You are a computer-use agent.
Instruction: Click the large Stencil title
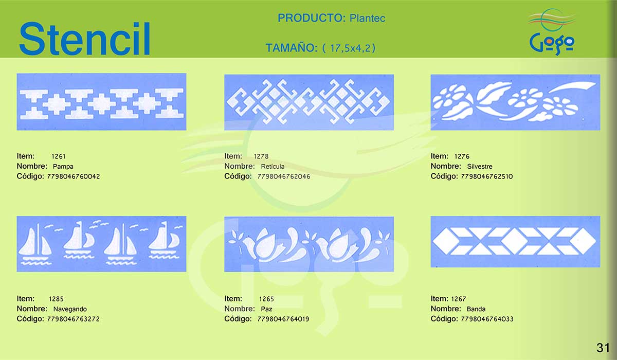click(x=84, y=39)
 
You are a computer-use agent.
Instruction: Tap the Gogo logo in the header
click(x=552, y=32)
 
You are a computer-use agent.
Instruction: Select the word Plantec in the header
click(x=367, y=18)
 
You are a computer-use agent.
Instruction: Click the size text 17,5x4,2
click(x=349, y=48)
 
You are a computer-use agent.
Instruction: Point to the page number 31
click(x=603, y=348)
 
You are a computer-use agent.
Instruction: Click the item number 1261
click(x=59, y=156)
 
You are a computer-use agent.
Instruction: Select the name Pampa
click(x=63, y=166)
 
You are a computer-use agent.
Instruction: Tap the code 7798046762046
click(x=284, y=176)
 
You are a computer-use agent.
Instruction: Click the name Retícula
click(x=273, y=166)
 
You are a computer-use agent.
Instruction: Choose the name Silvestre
click(x=480, y=166)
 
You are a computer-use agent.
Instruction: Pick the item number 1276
click(x=462, y=156)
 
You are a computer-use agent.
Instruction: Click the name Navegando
click(x=70, y=309)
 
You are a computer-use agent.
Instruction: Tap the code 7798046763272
click(x=73, y=319)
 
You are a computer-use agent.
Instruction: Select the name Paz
click(x=266, y=309)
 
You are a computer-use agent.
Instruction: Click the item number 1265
click(x=266, y=299)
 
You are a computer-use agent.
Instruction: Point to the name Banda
click(x=476, y=309)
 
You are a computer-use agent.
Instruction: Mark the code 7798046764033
click(x=487, y=319)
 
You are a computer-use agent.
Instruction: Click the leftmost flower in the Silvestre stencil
click(x=449, y=96)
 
